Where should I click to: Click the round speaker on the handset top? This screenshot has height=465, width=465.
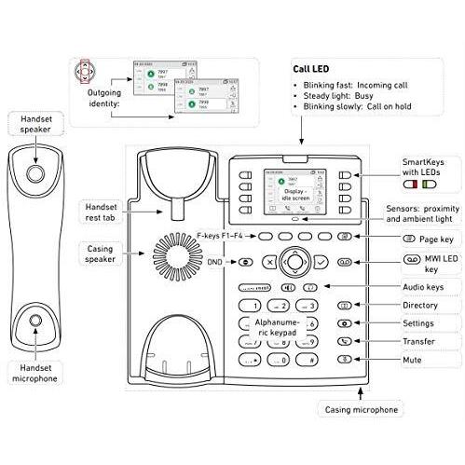(35, 173)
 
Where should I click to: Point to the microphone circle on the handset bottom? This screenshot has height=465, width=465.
(35, 321)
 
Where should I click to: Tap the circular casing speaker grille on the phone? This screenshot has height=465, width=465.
(172, 253)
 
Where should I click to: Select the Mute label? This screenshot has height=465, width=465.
(412, 359)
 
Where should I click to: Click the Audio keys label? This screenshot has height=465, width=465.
(422, 287)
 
